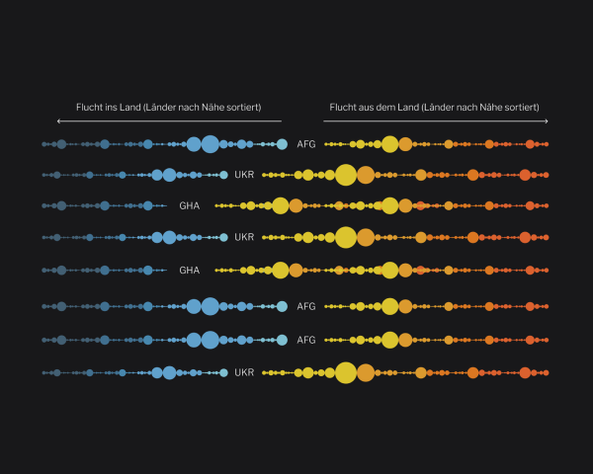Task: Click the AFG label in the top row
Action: point(306,144)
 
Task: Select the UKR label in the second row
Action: point(244,176)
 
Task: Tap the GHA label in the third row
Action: point(190,206)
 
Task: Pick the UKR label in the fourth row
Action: point(244,238)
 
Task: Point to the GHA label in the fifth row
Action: point(190,270)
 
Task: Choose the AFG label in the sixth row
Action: point(306,306)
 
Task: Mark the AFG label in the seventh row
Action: point(306,340)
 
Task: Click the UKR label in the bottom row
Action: point(244,372)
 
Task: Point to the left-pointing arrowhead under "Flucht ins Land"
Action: point(58,121)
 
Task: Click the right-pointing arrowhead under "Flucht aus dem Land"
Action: point(547,121)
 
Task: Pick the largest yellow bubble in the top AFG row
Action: point(390,144)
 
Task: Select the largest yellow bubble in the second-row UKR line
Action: point(345,176)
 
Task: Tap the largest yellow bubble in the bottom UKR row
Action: point(345,372)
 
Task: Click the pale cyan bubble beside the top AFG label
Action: point(282,144)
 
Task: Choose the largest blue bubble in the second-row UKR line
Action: point(169,176)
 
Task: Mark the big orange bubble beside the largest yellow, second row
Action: point(366,176)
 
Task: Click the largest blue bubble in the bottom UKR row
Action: point(169,372)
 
